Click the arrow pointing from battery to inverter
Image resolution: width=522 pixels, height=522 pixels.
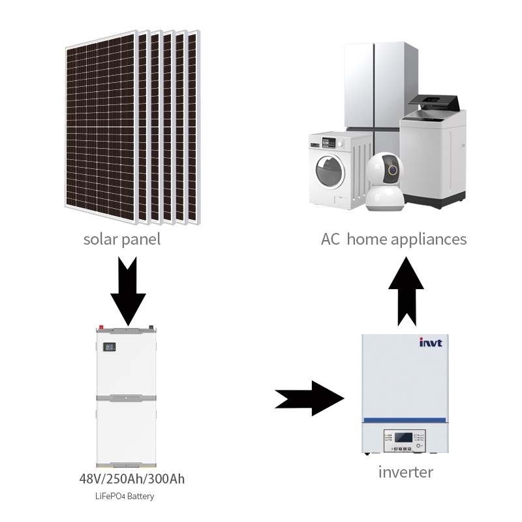310,397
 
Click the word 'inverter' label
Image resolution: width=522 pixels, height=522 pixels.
405,472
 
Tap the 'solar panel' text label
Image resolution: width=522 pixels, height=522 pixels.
121,239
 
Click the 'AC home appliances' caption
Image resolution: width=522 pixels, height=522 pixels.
393,239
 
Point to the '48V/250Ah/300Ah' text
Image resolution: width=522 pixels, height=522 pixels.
132,479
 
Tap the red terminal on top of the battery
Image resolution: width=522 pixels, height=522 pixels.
101,326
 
